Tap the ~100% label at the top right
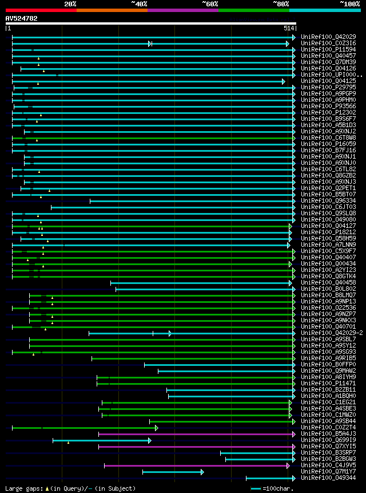(350, 4)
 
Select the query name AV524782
(22, 18)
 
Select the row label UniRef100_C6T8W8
(328, 137)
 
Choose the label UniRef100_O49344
(328, 478)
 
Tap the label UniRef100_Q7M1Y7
(328, 471)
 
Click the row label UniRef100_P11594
(328, 49)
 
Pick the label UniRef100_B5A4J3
(328, 433)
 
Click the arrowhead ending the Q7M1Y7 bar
(202, 472)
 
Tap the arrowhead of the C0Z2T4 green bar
(156, 428)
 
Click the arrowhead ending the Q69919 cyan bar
(149, 440)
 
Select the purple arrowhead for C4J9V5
(288, 466)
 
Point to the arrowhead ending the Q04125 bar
(283, 81)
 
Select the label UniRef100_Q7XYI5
(328, 446)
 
